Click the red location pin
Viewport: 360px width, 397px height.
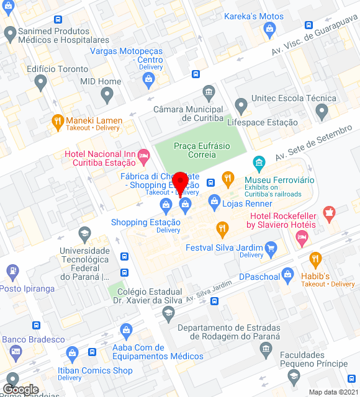pyautogui.click(x=181, y=182)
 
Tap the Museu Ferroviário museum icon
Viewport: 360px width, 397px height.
pyautogui.click(x=259, y=164)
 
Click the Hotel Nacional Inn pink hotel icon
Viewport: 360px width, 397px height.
pyautogui.click(x=144, y=154)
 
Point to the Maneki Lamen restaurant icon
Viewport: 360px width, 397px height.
pyautogui.click(x=58, y=120)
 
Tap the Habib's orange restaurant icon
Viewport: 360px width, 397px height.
pyautogui.click(x=315, y=259)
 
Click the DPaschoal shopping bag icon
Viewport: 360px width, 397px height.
pyautogui.click(x=287, y=274)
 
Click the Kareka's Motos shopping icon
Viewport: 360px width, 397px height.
pyautogui.click(x=269, y=29)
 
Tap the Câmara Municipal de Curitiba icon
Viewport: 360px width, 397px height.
pyautogui.click(x=209, y=94)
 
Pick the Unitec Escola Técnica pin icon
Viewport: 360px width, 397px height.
pyautogui.click(x=321, y=112)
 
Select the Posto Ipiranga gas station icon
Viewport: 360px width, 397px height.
pyautogui.click(x=11, y=271)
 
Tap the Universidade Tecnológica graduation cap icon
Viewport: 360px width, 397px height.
pyautogui.click(x=84, y=234)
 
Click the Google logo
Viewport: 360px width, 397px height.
pyautogui.click(x=20, y=389)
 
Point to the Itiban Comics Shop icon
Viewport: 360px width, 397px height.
pyautogui.click(x=71, y=355)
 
